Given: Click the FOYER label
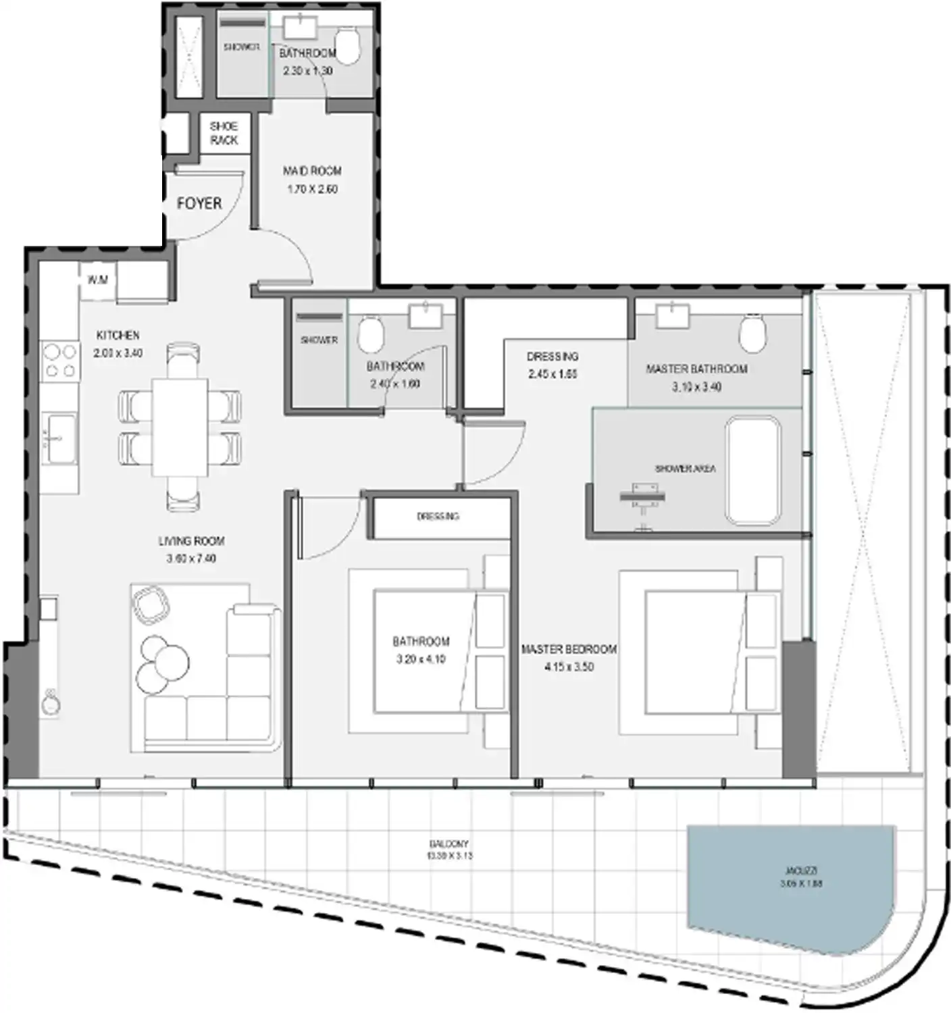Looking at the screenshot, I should (199, 203).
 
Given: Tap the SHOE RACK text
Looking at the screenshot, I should (224, 133).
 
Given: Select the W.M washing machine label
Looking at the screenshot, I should (98, 280).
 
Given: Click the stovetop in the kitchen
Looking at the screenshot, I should (59, 361).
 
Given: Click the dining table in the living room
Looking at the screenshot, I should (180, 428).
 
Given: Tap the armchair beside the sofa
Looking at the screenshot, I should (151, 604).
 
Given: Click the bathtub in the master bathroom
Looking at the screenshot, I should (753, 470).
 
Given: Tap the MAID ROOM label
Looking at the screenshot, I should (312, 171).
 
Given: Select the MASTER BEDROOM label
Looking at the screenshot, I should (569, 649).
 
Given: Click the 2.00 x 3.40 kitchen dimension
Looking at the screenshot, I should (118, 353).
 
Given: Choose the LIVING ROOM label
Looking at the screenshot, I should (191, 541).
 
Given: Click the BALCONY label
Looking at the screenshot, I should (449, 843).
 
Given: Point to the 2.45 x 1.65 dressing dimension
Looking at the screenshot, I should (552, 374).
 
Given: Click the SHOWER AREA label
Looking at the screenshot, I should (685, 468).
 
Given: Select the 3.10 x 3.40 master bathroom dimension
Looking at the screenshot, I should (696, 387).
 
